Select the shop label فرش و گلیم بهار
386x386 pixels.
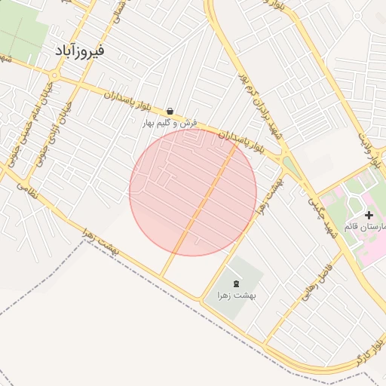point(170,122)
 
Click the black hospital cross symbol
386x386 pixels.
point(368,215)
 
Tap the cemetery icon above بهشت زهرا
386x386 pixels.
point(237,283)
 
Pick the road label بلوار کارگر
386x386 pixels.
point(369,354)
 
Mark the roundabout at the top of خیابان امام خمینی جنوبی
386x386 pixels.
point(54,74)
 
